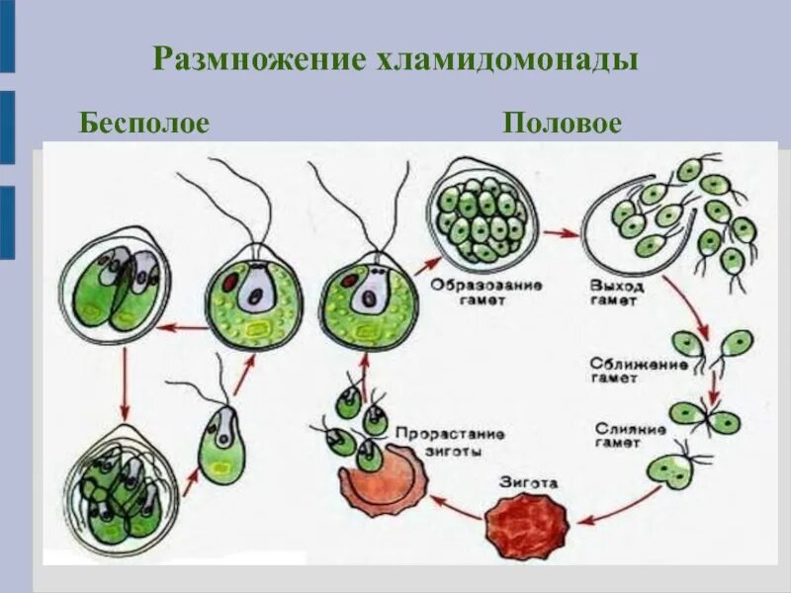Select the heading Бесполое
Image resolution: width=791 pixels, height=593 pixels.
point(144,124)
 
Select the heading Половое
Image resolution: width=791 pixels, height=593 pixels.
point(562,124)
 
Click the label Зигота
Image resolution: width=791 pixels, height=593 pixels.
point(529,484)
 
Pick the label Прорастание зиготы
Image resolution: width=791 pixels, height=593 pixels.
point(450,441)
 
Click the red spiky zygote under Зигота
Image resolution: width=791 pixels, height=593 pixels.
point(524,521)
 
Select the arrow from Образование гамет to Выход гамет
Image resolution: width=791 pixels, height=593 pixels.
point(561,234)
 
